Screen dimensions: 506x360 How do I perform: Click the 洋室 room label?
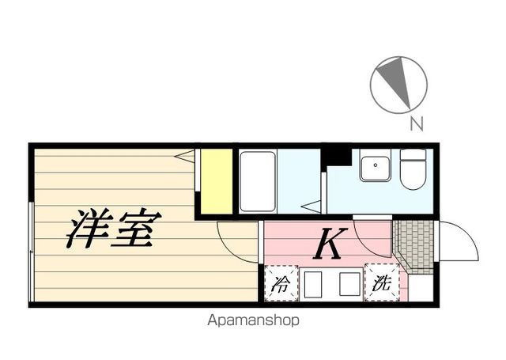[x=114, y=229]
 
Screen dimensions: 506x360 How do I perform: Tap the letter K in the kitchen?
[x=330, y=243]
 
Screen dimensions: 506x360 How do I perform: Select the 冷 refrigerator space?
[x=281, y=283]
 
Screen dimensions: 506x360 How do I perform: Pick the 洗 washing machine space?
[x=382, y=282]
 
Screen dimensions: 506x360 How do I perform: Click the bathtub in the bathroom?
[x=258, y=181]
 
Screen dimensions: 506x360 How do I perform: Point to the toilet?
[x=413, y=169]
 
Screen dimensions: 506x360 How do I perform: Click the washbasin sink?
[x=376, y=169]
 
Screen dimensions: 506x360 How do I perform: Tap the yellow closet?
[x=217, y=181]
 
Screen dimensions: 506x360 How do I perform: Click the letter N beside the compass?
[x=417, y=123]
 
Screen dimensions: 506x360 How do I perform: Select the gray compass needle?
[x=396, y=81]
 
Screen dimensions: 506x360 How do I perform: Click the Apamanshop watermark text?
[x=253, y=320]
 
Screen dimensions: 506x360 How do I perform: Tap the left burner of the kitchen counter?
[x=313, y=285]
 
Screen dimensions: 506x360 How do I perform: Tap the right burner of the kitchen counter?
[x=349, y=284]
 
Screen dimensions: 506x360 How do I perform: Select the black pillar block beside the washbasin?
[x=336, y=157]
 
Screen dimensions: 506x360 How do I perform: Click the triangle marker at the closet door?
[x=184, y=157]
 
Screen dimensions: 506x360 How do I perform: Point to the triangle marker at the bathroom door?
[x=311, y=207]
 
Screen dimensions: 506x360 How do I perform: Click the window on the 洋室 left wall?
[x=32, y=252]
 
